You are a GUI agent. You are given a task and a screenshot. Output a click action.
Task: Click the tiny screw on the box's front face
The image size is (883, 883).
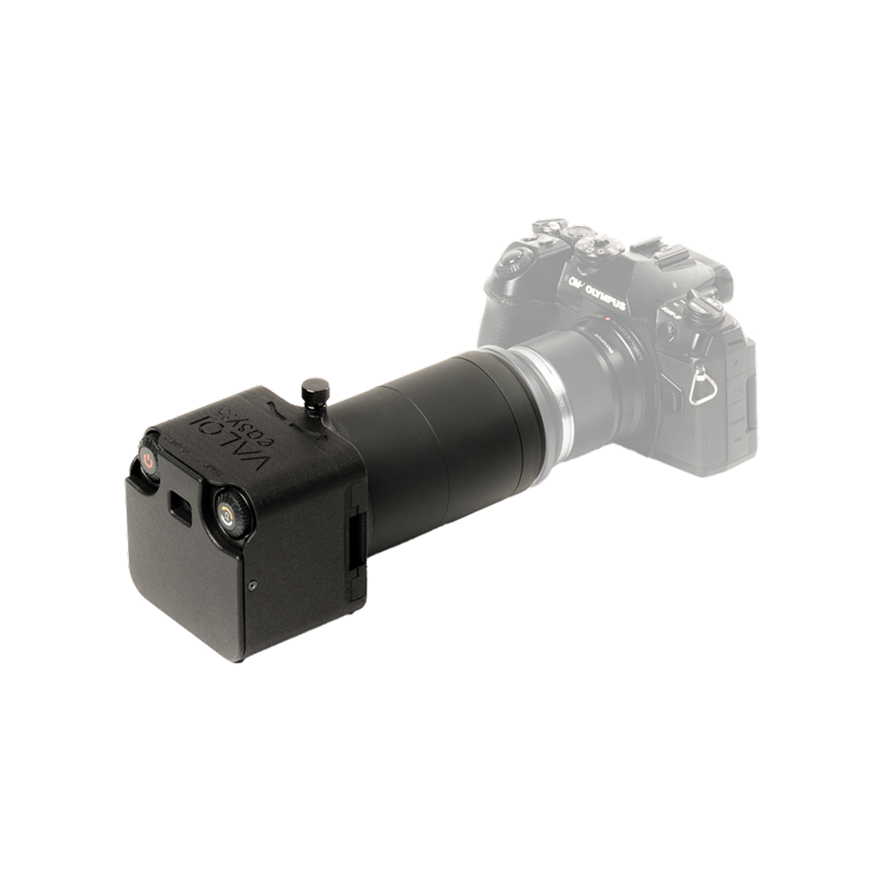[253, 584]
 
